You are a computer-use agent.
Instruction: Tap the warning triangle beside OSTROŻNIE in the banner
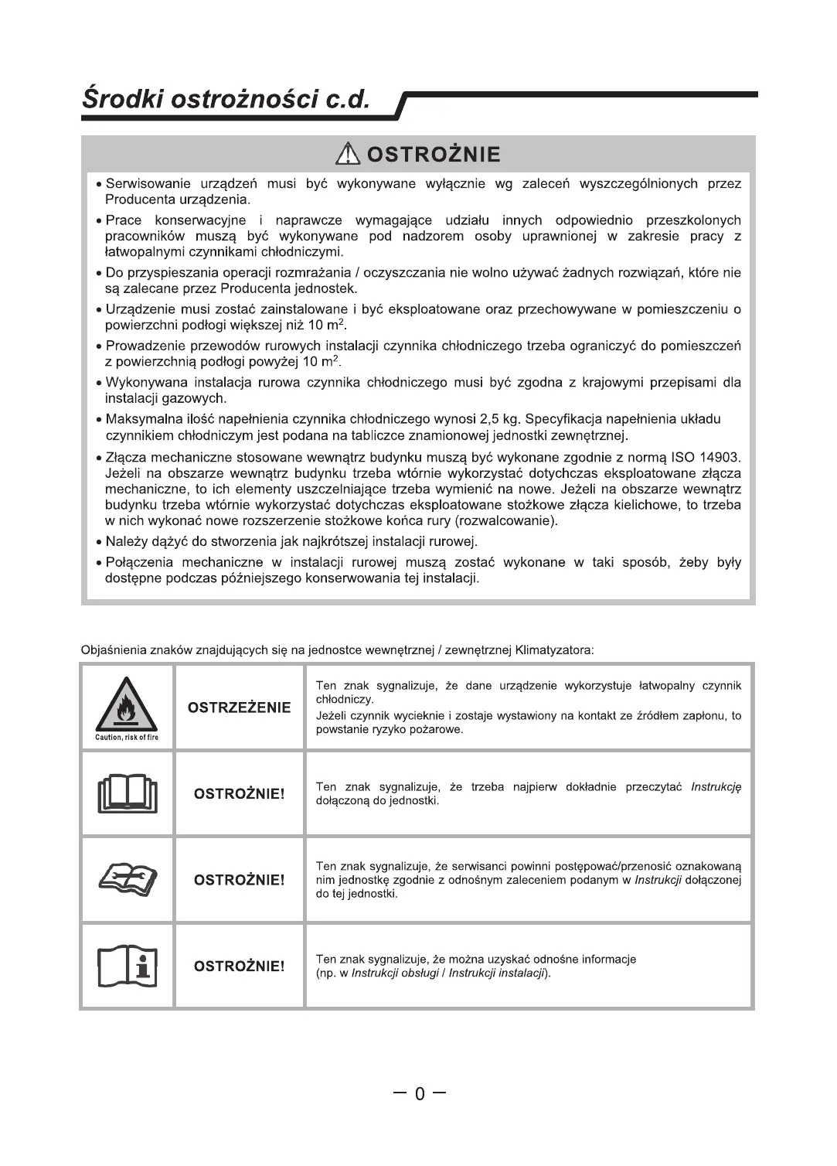[x=349, y=155]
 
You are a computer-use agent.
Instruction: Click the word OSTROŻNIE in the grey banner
[x=434, y=155]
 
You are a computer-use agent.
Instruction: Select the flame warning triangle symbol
[x=128, y=704]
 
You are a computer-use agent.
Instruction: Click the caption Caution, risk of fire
[x=128, y=738]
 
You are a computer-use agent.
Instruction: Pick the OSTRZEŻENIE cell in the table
[x=240, y=707]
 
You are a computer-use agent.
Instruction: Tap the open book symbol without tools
[x=128, y=794]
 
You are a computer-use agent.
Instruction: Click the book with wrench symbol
[x=128, y=879]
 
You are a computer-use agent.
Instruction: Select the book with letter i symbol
[x=128, y=966]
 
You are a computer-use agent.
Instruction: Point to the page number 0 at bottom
[x=420, y=1093]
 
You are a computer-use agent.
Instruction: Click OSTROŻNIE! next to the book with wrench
[x=239, y=880]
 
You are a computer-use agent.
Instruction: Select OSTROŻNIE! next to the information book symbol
[x=239, y=966]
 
